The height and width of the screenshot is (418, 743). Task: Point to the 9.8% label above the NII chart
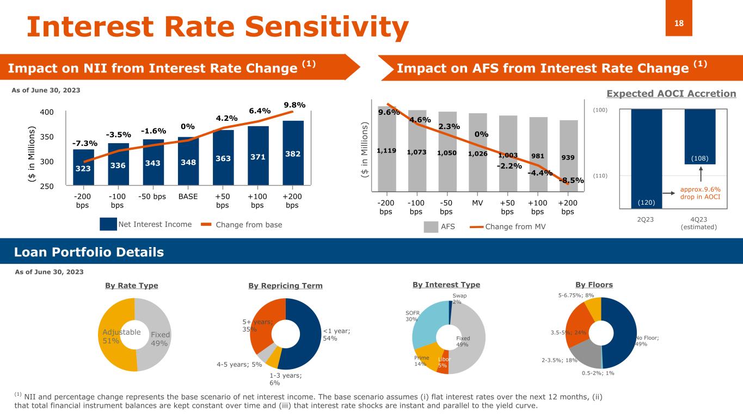tap(294, 104)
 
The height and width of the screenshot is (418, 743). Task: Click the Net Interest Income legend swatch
tap(108, 224)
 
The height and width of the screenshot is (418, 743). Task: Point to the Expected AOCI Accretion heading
tap(663, 94)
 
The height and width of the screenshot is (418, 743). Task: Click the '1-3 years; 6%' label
tap(285, 379)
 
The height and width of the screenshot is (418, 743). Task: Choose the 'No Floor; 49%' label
tap(647, 341)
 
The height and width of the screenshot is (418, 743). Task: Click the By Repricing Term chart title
tap(285, 285)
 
